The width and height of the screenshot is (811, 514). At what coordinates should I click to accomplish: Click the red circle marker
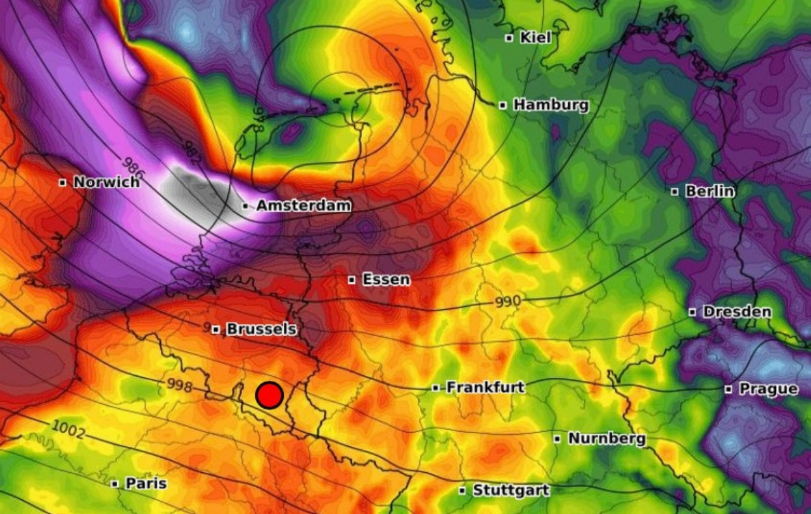(x=269, y=395)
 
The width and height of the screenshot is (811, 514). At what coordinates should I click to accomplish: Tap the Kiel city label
(x=535, y=38)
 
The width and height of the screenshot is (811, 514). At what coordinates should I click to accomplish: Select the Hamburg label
(x=551, y=105)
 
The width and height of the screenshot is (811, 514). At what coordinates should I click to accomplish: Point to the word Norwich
(x=106, y=183)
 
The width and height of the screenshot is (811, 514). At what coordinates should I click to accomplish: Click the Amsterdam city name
(x=303, y=206)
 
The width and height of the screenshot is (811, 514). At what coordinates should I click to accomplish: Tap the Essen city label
(x=386, y=279)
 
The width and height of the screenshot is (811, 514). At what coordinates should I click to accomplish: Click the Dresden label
(x=738, y=312)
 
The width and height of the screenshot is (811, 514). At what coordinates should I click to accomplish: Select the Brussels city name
(x=261, y=330)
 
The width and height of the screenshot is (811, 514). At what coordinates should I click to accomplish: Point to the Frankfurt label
(x=485, y=387)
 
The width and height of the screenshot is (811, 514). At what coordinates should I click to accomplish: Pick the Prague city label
(x=768, y=389)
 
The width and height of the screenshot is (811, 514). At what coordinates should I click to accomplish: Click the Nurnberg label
(x=606, y=439)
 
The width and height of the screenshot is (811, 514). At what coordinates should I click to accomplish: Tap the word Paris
(x=146, y=484)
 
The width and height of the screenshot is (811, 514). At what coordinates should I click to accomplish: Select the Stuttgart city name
(x=511, y=491)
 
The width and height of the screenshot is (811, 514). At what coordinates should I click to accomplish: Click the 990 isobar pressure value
(x=508, y=302)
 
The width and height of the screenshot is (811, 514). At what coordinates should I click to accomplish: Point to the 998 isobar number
(x=180, y=384)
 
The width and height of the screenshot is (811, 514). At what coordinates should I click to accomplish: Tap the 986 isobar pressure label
(x=133, y=166)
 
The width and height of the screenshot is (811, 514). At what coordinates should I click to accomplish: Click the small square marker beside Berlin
(x=675, y=191)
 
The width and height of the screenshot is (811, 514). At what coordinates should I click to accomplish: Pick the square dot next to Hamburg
(x=502, y=105)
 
